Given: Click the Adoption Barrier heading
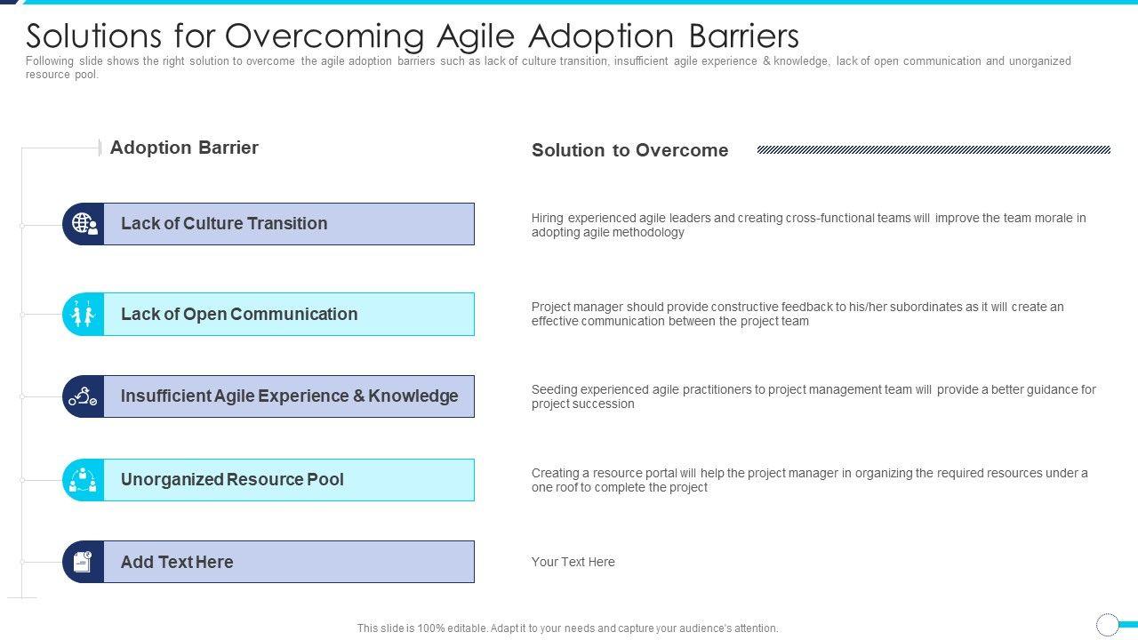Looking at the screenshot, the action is [184, 148].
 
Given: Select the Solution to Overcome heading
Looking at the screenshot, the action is [630, 150].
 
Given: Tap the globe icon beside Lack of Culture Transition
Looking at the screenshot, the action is [84, 224].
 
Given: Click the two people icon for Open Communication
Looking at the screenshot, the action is [83, 314].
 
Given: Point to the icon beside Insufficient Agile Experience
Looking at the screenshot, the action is [83, 396].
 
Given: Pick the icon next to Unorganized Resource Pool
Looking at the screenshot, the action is [83, 480].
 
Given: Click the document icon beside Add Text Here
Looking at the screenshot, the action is [83, 562].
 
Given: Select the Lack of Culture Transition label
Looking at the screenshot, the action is [224, 223].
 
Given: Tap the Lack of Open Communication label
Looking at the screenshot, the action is [239, 314].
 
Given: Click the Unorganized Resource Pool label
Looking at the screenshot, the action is [232, 479].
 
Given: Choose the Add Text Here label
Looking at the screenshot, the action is [177, 562].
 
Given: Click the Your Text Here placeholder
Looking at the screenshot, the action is [573, 562].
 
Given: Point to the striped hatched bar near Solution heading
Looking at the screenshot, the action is [934, 150].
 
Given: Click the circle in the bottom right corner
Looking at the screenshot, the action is [1107, 624].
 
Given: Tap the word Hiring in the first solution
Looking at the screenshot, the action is [547, 219].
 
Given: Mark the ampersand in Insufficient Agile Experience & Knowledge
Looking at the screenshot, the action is [358, 396].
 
